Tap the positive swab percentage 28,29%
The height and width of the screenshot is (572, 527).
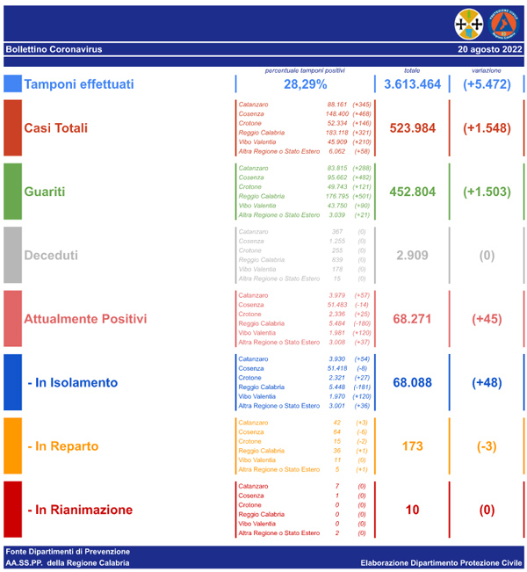[305, 84]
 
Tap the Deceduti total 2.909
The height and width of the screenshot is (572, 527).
[412, 255]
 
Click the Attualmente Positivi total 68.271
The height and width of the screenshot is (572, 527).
[412, 318]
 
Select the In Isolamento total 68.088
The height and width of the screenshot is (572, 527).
[412, 382]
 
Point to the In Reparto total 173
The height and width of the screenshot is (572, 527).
[412, 446]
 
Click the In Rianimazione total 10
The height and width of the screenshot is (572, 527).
[412, 510]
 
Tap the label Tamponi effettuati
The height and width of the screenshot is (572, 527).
[79, 84]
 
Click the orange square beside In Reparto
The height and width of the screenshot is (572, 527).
[12, 446]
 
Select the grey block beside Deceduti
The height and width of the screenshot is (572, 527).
[12, 255]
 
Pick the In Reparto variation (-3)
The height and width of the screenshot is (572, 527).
[486, 446]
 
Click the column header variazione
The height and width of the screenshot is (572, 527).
[486, 70]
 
